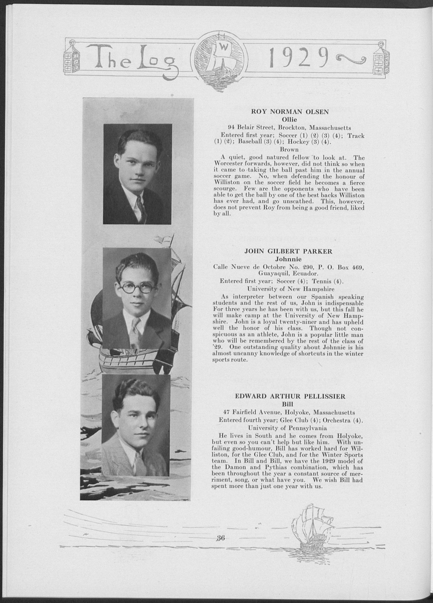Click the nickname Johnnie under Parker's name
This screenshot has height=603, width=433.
tap(288, 259)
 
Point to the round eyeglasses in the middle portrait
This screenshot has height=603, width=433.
tap(135, 288)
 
